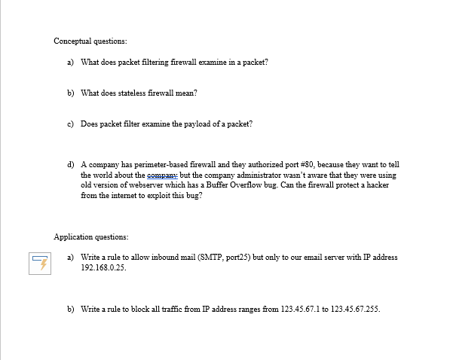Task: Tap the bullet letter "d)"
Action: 71,163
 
